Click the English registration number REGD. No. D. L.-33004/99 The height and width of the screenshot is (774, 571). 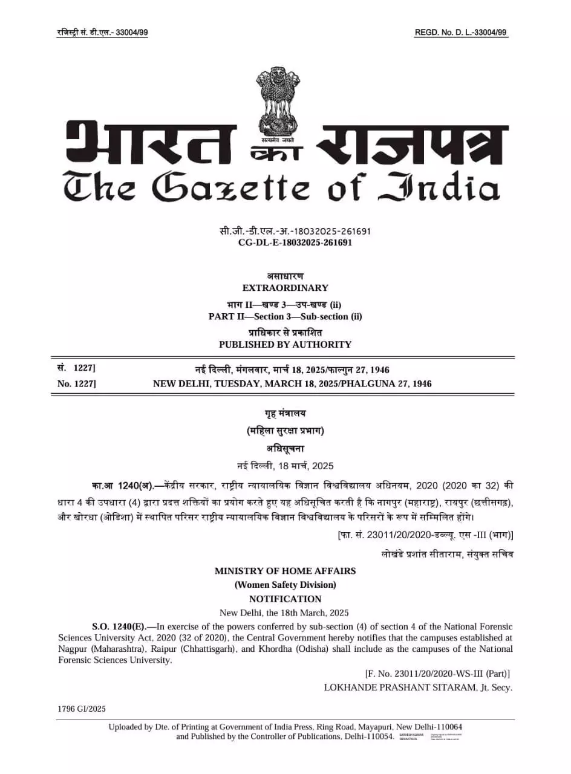[461, 33]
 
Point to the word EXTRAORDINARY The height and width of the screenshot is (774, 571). [285, 288]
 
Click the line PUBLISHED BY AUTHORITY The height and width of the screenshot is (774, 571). [285, 345]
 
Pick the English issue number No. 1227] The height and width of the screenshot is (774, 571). [76, 383]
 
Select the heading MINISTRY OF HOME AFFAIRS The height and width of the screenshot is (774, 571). [285, 571]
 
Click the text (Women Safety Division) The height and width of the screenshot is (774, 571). [285, 585]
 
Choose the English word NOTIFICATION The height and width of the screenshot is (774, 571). [285, 599]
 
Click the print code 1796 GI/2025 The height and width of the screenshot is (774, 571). [82, 709]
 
